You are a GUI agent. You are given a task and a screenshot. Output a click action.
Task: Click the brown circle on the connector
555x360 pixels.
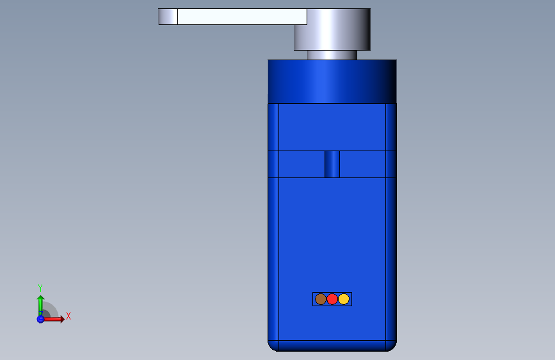pyautogui.click(x=320, y=299)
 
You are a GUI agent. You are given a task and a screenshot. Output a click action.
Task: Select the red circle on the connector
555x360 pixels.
pyautogui.click(x=332, y=299)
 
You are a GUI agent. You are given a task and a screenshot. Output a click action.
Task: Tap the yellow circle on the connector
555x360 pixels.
pyautogui.click(x=344, y=299)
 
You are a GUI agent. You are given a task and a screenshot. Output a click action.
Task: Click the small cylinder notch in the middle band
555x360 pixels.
pyautogui.click(x=332, y=164)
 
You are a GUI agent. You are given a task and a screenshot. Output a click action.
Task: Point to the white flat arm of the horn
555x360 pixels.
pyautogui.click(x=242, y=17)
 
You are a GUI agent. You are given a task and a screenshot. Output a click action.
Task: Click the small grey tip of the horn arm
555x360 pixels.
pyautogui.click(x=168, y=17)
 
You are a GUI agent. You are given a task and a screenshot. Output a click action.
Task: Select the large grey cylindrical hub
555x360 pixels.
pyautogui.click(x=332, y=29)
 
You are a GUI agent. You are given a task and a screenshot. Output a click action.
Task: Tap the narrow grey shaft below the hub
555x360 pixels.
pyautogui.click(x=332, y=55)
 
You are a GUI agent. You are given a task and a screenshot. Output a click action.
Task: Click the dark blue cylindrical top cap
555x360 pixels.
pyautogui.click(x=332, y=81)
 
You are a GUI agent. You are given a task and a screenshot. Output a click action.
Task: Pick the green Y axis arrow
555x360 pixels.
pyautogui.click(x=41, y=306)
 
